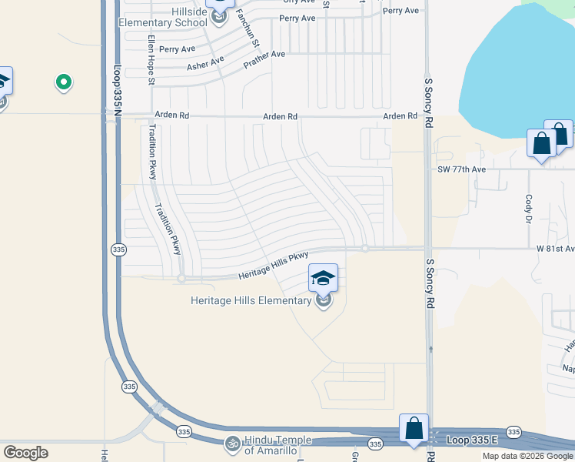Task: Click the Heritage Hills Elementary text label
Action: tap(251, 300)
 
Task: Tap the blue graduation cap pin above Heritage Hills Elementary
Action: tap(324, 277)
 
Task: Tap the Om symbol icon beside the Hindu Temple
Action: tap(231, 444)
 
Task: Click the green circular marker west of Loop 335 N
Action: tap(64, 82)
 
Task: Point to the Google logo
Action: tap(25, 453)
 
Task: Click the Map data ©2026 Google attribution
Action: tap(528, 456)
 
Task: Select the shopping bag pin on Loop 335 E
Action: tap(414, 428)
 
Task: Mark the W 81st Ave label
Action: tap(555, 249)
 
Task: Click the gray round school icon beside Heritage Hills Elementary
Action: tap(324, 301)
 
